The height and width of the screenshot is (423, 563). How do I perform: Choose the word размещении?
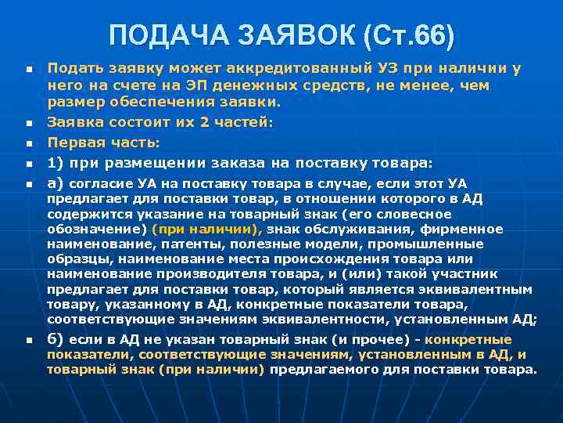coord(134,163)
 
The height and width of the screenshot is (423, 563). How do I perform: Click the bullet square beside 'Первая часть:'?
coord(28,143)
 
